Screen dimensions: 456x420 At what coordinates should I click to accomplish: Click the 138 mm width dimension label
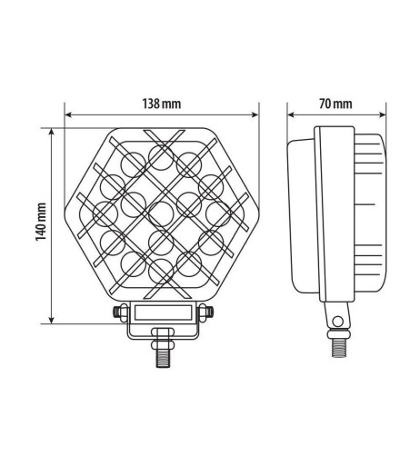(x=161, y=103)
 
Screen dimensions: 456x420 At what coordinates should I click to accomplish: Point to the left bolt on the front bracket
(x=118, y=312)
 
